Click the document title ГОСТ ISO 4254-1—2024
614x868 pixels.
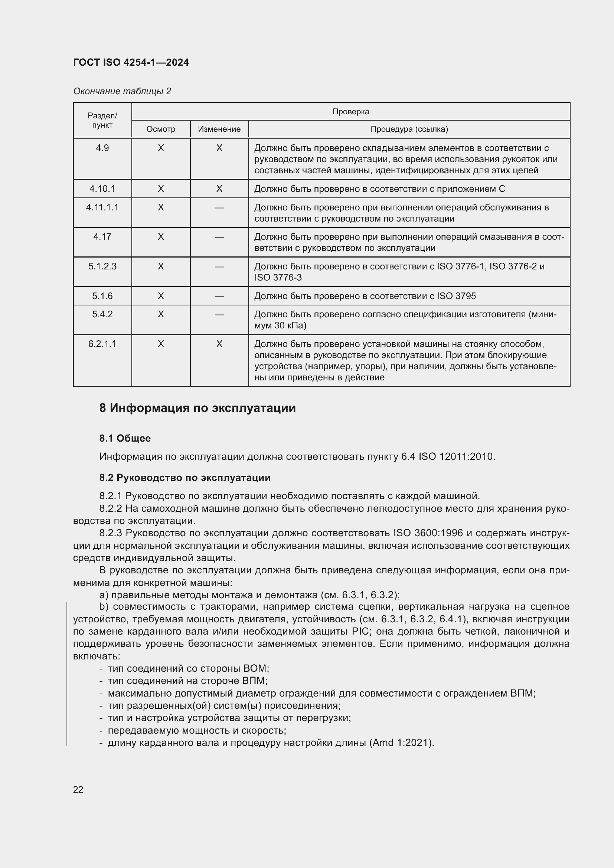[x=131, y=62]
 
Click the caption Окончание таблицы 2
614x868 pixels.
[x=122, y=91]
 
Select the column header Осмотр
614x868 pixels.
[x=161, y=129]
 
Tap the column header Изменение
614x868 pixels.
[x=219, y=129]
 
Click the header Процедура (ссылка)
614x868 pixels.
[x=409, y=129]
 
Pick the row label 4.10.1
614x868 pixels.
[x=102, y=189]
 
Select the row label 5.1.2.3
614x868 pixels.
[x=102, y=266]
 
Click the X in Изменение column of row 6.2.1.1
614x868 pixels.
[x=219, y=344]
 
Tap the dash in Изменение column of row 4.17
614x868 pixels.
[x=219, y=237]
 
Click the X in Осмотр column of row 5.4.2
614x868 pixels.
[x=161, y=314]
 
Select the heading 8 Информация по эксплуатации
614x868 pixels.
[x=197, y=408]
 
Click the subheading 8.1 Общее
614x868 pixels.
[x=125, y=439]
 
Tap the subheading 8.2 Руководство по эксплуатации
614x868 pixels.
[x=185, y=478]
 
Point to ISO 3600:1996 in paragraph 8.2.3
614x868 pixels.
[x=428, y=533]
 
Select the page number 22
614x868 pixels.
[x=78, y=789]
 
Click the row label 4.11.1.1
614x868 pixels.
[x=102, y=207]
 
